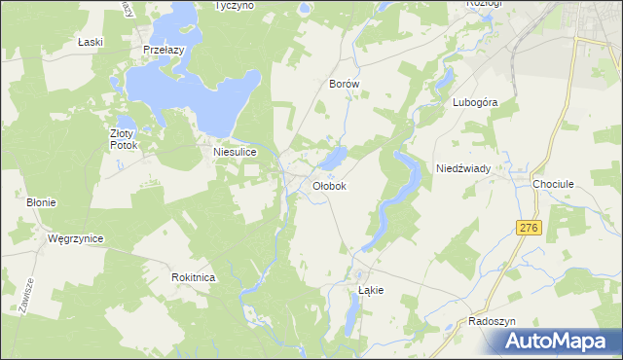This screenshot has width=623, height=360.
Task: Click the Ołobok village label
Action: [329, 185]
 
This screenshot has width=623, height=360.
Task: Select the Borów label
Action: [345, 85]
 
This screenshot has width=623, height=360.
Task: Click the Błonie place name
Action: [41, 202]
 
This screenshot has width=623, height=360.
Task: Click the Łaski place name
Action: [90, 43]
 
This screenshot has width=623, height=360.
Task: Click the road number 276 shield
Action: [529, 227]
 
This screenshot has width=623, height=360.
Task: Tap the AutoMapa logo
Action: [562, 341]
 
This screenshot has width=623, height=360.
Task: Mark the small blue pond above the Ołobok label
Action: [334, 157]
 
